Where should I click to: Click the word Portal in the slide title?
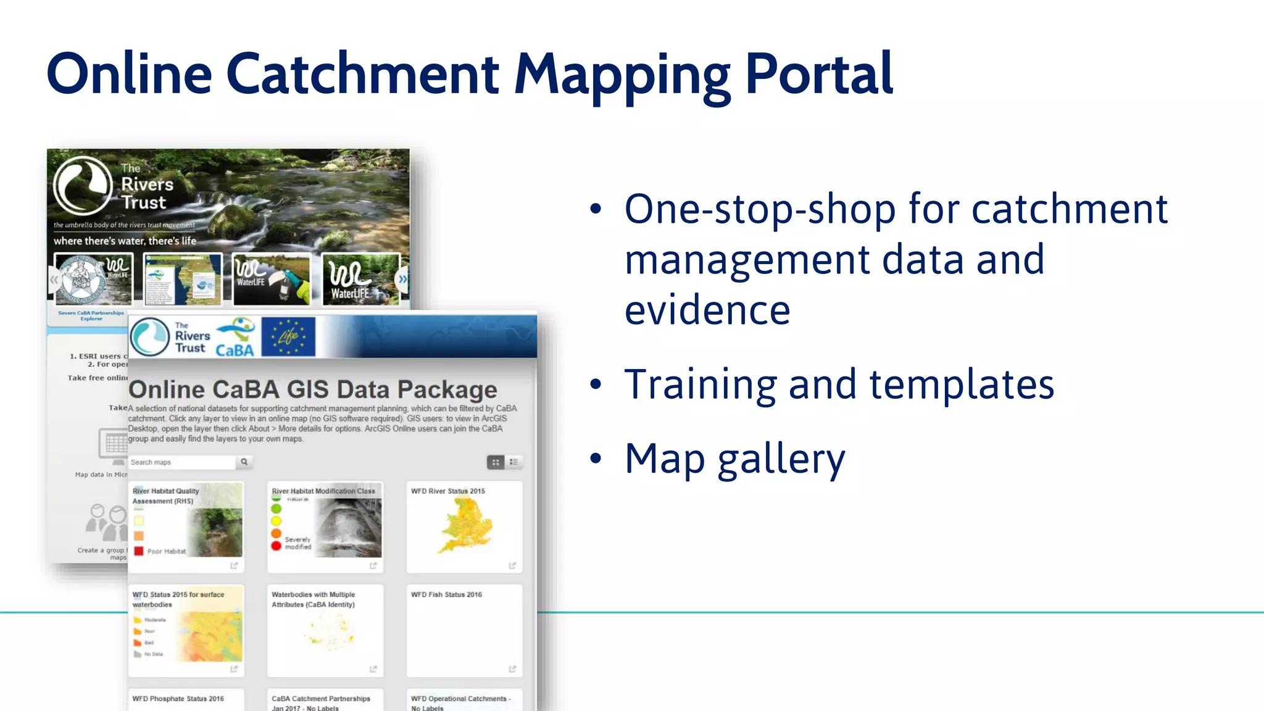click(819, 74)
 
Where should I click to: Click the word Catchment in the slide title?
click(362, 74)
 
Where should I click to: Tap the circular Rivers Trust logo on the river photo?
click(83, 185)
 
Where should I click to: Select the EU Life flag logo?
click(288, 337)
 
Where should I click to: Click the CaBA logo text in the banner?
click(235, 350)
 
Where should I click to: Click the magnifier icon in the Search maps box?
click(244, 462)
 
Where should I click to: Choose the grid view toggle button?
click(496, 462)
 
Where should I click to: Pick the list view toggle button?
click(514, 462)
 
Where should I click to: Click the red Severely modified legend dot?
click(276, 546)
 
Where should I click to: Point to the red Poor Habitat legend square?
click(139, 551)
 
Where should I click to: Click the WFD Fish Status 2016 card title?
click(446, 594)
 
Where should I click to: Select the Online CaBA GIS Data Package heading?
click(312, 389)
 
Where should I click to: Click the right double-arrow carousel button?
click(402, 280)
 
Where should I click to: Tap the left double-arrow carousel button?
click(54, 280)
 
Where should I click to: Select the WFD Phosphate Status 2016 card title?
click(178, 699)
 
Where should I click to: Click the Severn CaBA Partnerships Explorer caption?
click(91, 315)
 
